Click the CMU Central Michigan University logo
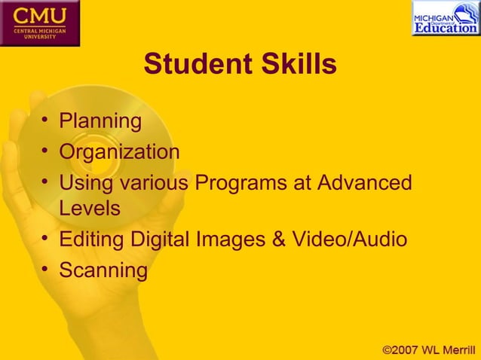(x=38, y=23)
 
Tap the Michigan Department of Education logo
(x=444, y=19)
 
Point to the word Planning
(x=100, y=121)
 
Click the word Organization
(x=120, y=152)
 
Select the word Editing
(x=93, y=240)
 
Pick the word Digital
(x=159, y=240)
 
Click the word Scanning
(x=103, y=270)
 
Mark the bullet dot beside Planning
(x=47, y=121)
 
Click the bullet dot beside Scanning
(x=47, y=270)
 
